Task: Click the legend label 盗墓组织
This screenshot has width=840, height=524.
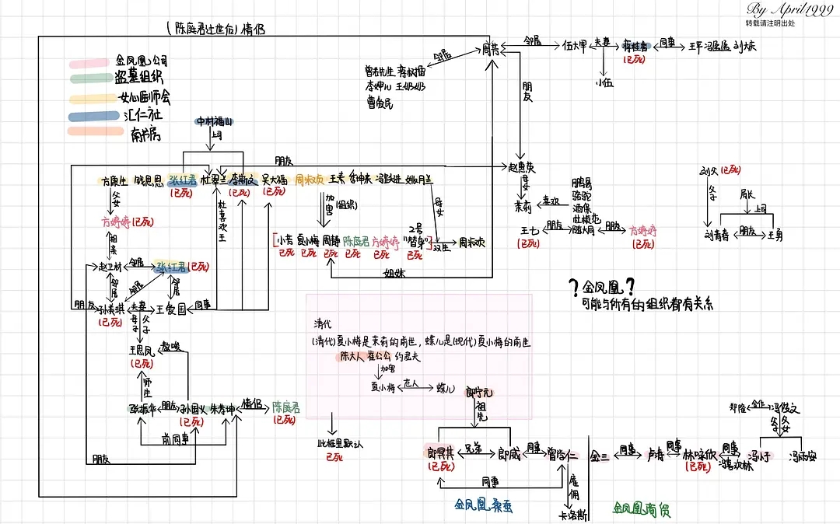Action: tap(138, 77)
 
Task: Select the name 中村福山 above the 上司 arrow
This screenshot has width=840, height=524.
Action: tap(214, 122)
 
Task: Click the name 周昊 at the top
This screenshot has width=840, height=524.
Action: tap(491, 48)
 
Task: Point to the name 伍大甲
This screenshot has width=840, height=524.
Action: tap(575, 46)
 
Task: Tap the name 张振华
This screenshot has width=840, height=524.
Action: tap(141, 407)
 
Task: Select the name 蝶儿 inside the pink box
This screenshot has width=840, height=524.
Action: tap(446, 386)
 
